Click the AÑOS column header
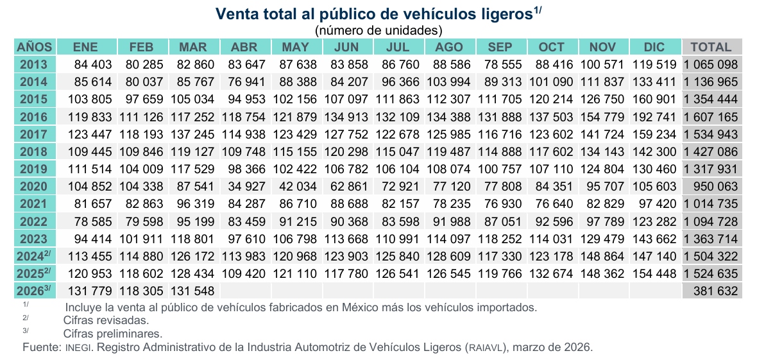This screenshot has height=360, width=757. (34, 47)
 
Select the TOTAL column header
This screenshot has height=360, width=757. (711, 47)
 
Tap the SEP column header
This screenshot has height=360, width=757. (500, 47)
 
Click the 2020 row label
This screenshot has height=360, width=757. (34, 186)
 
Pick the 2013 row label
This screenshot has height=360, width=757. (34, 64)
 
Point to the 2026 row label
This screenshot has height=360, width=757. (34, 291)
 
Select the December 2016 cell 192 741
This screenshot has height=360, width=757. (654, 117)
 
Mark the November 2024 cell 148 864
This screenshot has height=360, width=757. (602, 256)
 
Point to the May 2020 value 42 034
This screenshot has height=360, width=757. (298, 186)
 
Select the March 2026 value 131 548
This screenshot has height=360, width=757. (193, 291)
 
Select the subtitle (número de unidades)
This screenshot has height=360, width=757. (378, 30)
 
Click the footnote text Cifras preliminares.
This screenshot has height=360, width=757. (112, 334)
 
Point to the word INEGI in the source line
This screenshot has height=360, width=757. (80, 348)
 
